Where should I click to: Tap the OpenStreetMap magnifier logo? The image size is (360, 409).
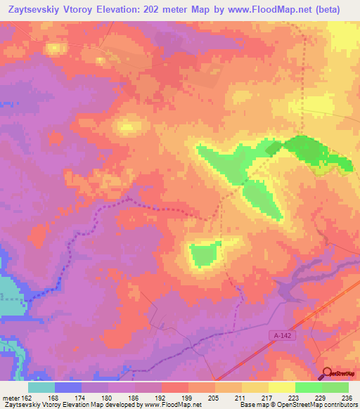(x=327, y=373)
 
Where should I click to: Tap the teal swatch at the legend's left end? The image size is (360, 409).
(x=41, y=387)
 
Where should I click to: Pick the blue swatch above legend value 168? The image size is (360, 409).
(x=68, y=387)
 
